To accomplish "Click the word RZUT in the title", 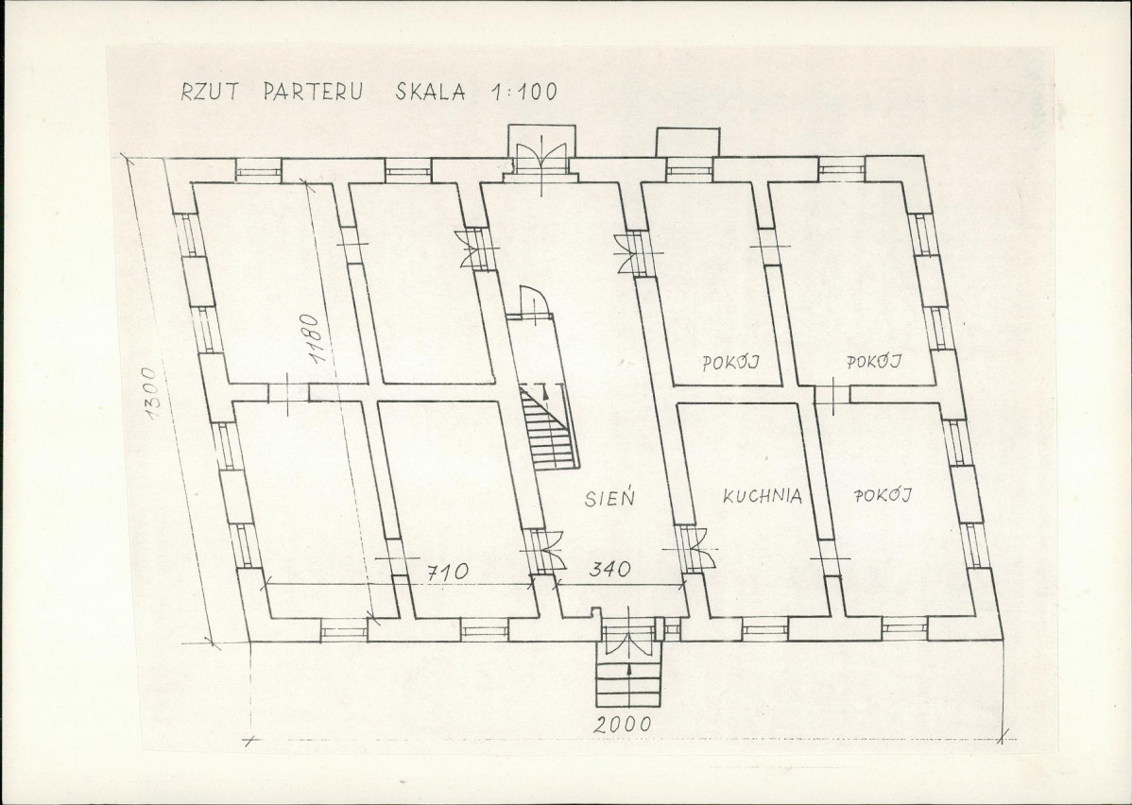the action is [211, 93].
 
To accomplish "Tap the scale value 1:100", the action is [523, 92].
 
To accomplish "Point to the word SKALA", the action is [430, 93].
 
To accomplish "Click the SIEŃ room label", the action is [610, 497].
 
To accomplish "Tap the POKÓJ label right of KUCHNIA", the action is [883, 494].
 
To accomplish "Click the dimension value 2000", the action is [623, 724].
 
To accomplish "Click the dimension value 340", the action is [609, 569].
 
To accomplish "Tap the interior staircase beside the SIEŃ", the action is [550, 427].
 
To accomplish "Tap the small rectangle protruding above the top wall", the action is [685, 143].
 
